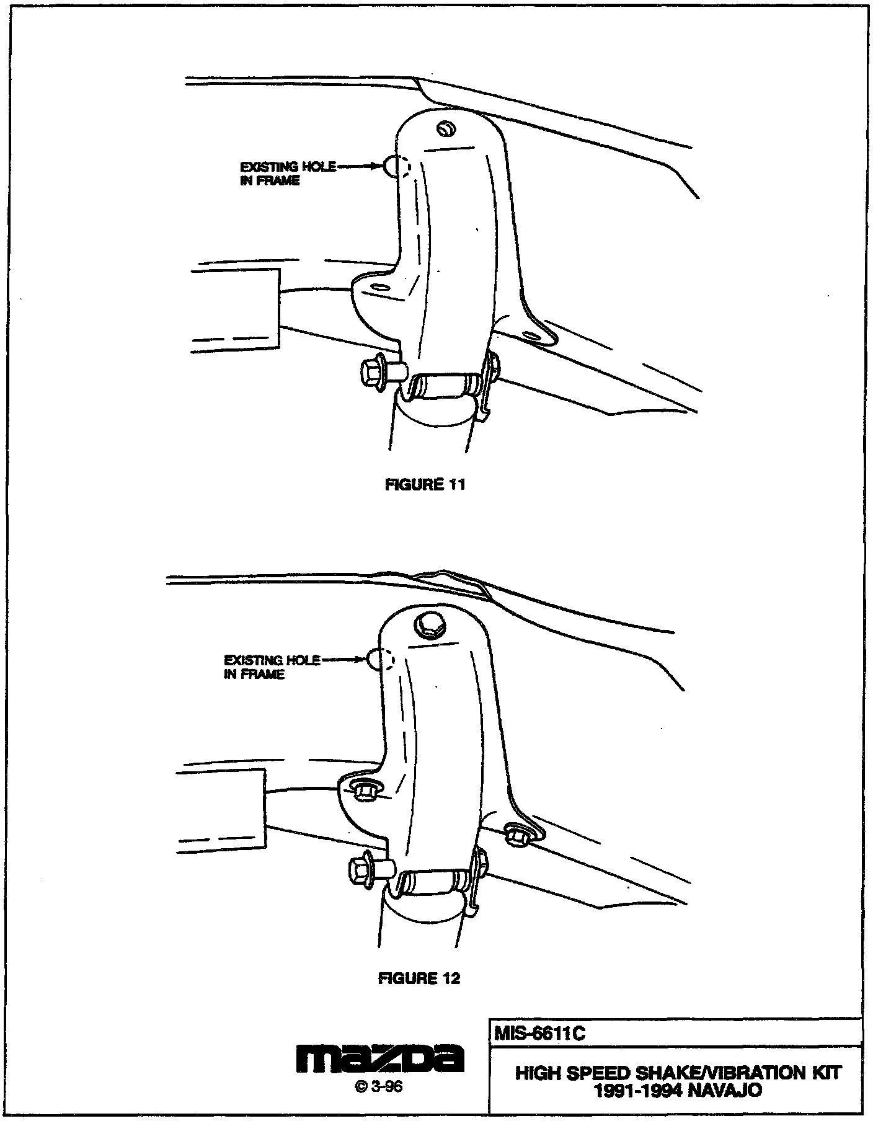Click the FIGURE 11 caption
425,484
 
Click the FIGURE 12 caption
419,978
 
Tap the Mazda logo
379,1060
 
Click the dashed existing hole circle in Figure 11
397,166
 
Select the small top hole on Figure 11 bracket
446,128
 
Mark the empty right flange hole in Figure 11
531,335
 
